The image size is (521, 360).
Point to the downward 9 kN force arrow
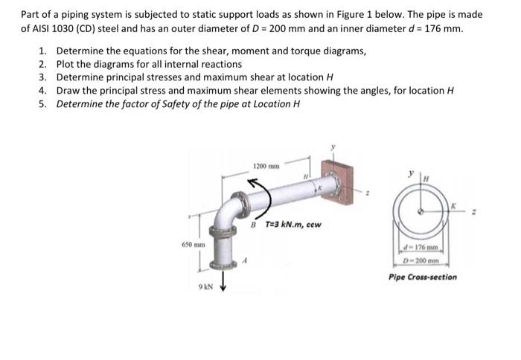click(220, 286)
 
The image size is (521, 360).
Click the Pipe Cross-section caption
click(423, 277)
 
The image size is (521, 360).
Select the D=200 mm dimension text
click(421, 260)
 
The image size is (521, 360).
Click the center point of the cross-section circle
click(422, 211)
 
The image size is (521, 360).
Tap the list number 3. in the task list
click(43, 77)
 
